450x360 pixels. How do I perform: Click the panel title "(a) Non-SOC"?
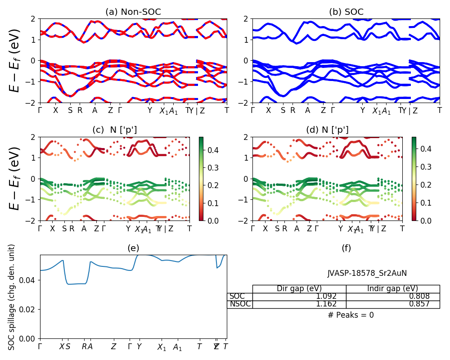point(133,12)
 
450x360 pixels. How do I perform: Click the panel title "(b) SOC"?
point(346,12)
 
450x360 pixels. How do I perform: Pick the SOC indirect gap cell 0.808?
point(419,297)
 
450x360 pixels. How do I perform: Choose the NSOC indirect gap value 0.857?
point(419,304)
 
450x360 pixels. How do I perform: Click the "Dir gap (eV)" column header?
point(299,289)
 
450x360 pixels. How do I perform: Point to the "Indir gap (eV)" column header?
point(392,289)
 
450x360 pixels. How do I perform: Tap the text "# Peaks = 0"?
point(351,315)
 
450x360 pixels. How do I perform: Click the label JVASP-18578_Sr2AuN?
point(367,273)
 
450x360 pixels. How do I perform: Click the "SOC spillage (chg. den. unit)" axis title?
point(12,297)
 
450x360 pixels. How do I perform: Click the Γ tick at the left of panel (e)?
point(40,346)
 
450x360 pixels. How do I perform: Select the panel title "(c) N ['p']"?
point(115,130)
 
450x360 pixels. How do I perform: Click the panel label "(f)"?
point(346,248)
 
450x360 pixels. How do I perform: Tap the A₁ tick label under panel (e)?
point(178,347)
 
